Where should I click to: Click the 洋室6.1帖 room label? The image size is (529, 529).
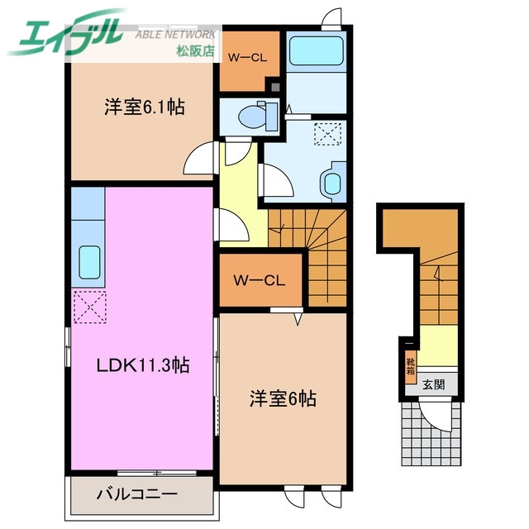[144, 107]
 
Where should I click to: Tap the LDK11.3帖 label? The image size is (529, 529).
[141, 364]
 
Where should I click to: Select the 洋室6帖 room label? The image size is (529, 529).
[283, 398]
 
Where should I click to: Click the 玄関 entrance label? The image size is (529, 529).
[434, 384]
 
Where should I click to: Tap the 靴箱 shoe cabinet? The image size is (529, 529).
[410, 365]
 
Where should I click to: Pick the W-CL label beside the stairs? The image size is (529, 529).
[260, 280]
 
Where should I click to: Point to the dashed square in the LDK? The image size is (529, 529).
[88, 307]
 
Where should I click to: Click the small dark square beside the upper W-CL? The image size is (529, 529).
[275, 84]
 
